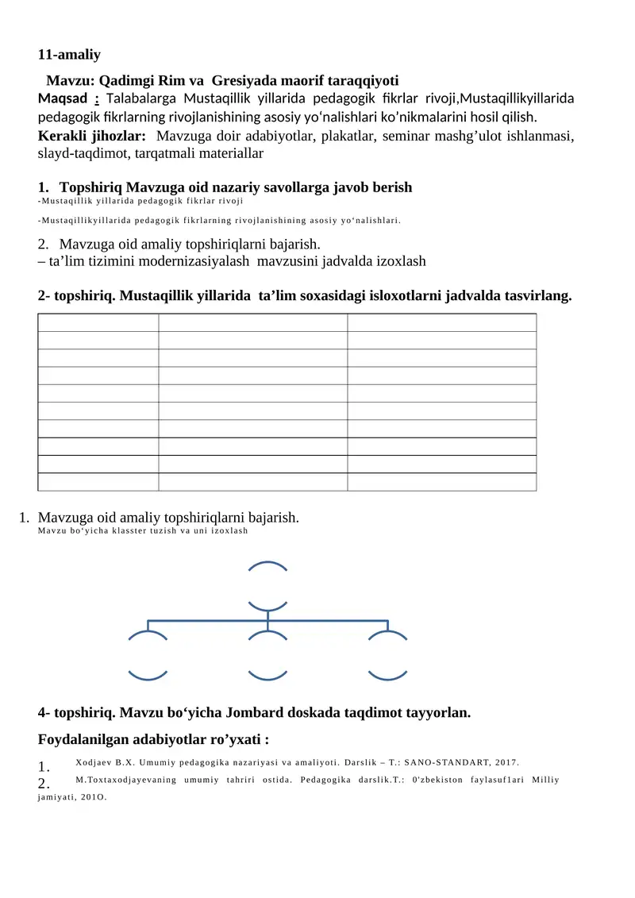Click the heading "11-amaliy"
pos(70,55)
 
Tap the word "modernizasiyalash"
pos(202,260)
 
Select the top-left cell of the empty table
pos(98,322)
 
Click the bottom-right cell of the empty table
pos(441,482)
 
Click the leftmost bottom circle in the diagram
pos(148,656)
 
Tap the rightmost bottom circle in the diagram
pos(388,656)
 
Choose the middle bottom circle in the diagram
pos(268,656)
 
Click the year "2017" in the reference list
pos(504,763)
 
